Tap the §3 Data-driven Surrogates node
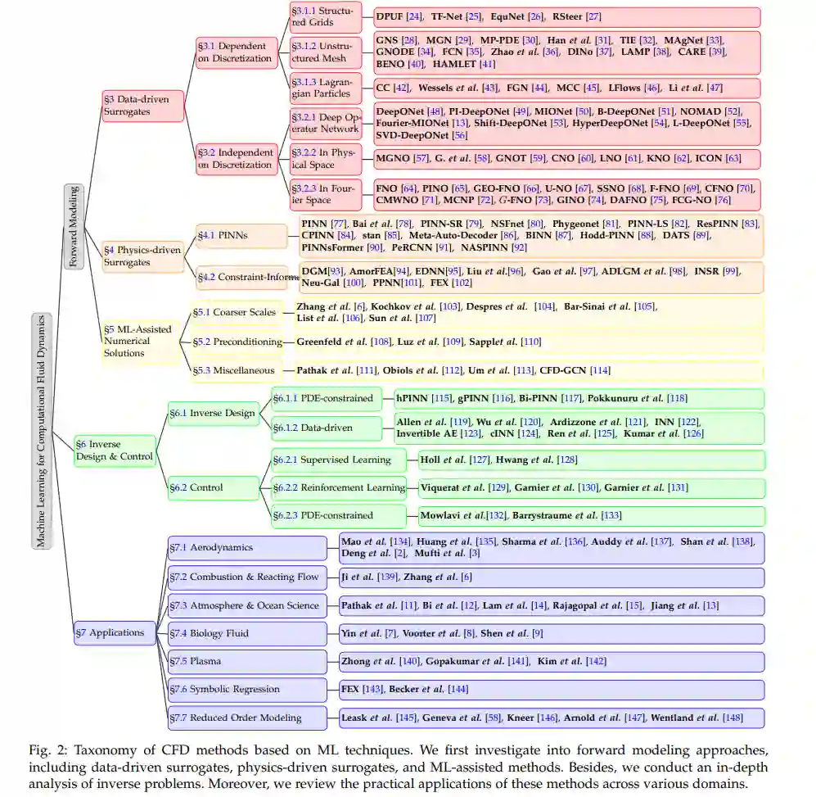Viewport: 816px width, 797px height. (x=142, y=106)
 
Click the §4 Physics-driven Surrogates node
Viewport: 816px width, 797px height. (x=142, y=256)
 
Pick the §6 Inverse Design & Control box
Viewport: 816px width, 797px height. (x=114, y=450)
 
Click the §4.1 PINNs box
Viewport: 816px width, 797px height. (x=223, y=235)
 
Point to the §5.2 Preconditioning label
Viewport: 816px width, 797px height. (x=237, y=342)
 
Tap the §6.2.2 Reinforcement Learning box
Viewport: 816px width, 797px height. (x=339, y=487)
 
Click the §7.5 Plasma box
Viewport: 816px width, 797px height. (x=247, y=661)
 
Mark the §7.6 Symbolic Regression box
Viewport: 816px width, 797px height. (x=247, y=689)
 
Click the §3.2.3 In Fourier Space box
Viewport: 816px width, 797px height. (x=325, y=194)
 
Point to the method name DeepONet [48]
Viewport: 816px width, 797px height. (x=402, y=111)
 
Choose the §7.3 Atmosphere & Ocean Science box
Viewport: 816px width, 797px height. (x=247, y=605)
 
